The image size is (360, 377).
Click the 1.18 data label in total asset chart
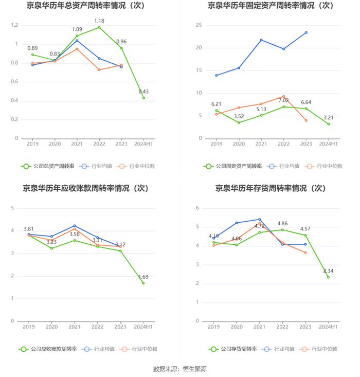99,21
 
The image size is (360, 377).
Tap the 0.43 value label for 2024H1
143,92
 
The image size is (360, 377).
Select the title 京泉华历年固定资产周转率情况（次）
270,6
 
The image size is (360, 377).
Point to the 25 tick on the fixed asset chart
199,25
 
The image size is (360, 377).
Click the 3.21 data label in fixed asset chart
328,117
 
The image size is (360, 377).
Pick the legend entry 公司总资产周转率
48,166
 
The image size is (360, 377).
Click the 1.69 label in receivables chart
143,277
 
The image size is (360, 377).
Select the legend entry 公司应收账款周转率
48,349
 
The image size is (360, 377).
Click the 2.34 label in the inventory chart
328,271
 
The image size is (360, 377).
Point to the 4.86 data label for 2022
282,223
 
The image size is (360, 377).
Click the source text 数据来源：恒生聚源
180,369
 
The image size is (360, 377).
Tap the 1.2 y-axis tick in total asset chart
14,25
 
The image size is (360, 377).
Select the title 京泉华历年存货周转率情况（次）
270,188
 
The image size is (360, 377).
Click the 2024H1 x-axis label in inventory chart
328,327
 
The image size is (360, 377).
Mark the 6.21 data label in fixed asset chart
216,104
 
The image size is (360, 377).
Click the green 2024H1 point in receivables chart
143,283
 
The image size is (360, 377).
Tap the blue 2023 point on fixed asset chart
306,32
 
